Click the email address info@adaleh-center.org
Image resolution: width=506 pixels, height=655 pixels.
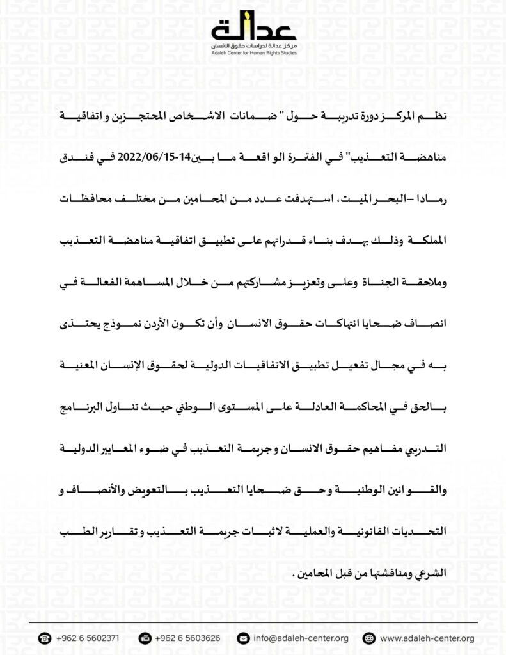point(300,638)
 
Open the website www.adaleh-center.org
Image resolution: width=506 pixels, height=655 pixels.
point(427,638)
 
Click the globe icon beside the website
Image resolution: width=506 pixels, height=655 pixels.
point(368,638)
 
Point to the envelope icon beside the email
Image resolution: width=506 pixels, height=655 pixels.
point(242,638)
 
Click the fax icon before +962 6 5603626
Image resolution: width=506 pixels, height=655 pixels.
point(145,638)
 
